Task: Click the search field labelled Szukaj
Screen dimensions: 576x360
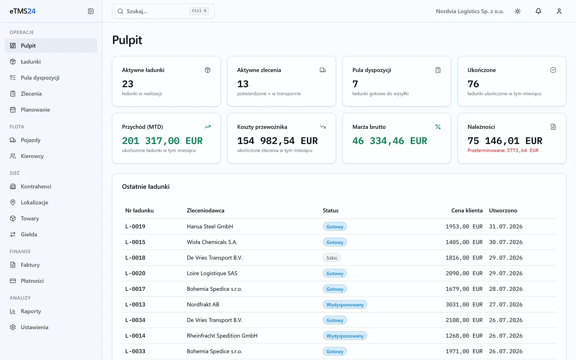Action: coord(163,11)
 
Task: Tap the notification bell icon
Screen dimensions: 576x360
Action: coord(538,11)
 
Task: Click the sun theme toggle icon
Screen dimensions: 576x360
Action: coord(518,11)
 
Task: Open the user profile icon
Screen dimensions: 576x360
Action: coord(559,11)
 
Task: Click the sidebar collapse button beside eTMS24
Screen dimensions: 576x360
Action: coord(91,11)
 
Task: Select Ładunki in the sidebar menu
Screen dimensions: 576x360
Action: coord(30,62)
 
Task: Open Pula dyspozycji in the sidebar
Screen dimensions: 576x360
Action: coord(40,78)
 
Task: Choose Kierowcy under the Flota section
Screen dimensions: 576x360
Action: coord(32,156)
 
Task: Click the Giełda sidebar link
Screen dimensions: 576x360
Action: coord(29,234)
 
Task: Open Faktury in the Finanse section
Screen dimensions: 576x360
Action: coord(30,265)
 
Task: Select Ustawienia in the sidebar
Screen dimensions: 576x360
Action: coord(34,327)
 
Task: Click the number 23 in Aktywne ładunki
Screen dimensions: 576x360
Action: coord(128,84)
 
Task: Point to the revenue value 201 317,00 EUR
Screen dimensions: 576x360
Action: coord(162,141)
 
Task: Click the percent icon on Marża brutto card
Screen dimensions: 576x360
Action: coord(438,127)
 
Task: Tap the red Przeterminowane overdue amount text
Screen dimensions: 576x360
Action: coord(503,150)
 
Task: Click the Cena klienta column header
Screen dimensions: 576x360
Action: coord(467,210)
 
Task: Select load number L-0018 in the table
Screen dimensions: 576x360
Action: coord(135,258)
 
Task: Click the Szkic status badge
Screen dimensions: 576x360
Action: coord(332,258)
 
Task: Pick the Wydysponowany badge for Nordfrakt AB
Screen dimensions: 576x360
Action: coord(345,304)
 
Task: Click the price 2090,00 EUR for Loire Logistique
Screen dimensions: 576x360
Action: coord(464,273)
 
